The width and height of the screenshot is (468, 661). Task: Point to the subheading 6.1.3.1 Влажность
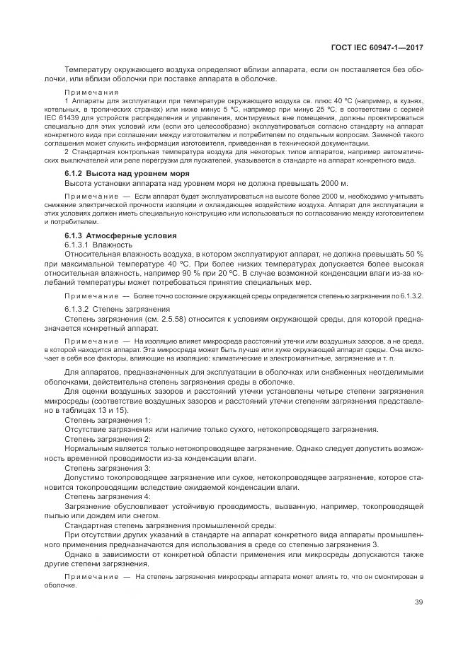click(x=98, y=244)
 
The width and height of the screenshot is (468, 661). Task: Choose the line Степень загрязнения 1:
click(x=108, y=420)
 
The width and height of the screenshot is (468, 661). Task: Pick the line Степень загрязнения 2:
click(x=108, y=439)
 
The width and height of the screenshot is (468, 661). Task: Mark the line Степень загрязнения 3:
click(x=108, y=468)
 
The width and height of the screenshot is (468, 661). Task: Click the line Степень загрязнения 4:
click(x=108, y=497)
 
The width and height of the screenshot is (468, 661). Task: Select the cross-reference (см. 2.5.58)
click(x=158, y=319)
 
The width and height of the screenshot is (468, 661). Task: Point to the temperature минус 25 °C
click(x=306, y=110)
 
